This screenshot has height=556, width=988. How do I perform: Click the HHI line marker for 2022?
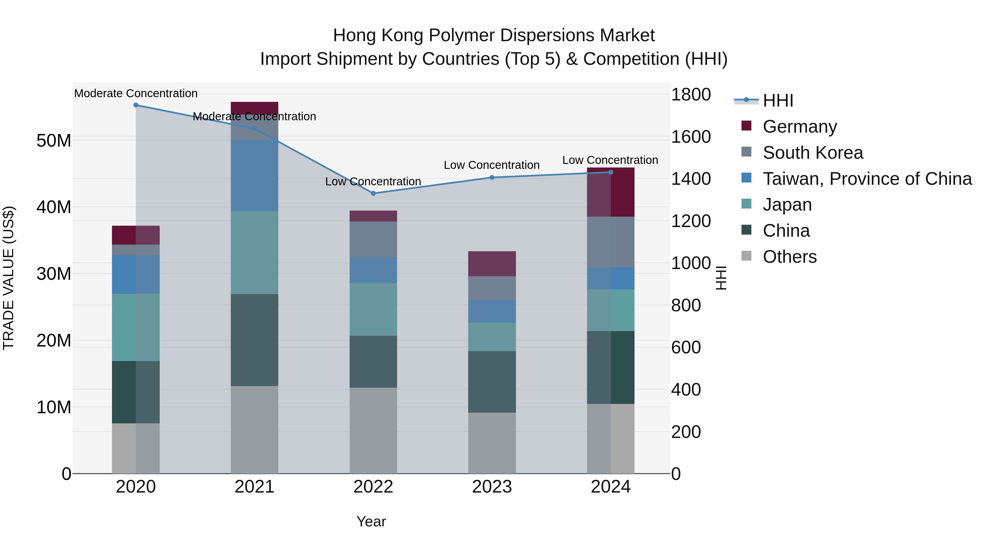pos(373,193)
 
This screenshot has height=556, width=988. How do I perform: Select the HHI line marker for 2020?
pos(136,105)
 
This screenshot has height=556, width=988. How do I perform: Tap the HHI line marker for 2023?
pos(492,178)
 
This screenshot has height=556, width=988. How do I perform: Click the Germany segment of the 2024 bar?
pos(611,192)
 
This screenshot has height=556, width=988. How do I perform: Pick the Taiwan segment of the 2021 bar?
pos(254,176)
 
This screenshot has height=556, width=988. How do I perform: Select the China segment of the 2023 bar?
pos(492,382)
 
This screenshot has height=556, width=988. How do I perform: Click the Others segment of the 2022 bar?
pos(373,431)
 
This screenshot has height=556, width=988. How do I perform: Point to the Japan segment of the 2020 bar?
pos(136,327)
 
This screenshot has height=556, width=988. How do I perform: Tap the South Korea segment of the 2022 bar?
pos(373,239)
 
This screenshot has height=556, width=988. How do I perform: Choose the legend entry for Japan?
pos(787,205)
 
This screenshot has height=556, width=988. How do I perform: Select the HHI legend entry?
pos(778,100)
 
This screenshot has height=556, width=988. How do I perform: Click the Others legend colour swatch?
pos(746,256)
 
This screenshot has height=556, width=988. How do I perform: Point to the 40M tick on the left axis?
pos(54,207)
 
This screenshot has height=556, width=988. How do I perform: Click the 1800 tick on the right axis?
pos(691,94)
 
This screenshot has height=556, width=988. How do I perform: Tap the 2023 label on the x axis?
pos(492,487)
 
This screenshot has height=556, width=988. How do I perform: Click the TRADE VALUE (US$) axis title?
pos(9,278)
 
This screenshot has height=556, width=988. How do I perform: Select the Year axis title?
pos(371,521)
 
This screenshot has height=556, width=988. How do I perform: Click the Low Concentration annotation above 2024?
pos(610,160)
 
